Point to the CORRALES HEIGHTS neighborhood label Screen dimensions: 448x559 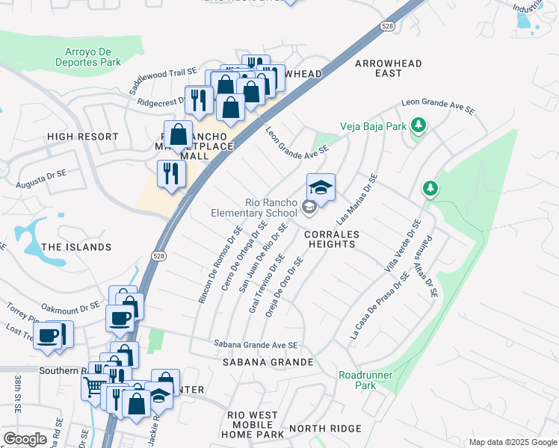(x=333, y=240)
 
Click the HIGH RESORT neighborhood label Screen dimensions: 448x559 (x=82, y=137)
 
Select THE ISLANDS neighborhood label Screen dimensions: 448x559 (x=76, y=247)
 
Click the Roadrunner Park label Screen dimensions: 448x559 (x=356, y=380)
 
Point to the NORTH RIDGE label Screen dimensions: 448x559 (x=325, y=429)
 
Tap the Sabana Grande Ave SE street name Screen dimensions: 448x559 (x=256, y=345)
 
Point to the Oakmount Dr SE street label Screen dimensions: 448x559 (x=70, y=305)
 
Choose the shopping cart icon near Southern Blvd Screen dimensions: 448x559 (x=94, y=386)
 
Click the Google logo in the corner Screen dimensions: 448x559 (x=25, y=439)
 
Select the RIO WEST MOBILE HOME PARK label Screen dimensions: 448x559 (x=256, y=425)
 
